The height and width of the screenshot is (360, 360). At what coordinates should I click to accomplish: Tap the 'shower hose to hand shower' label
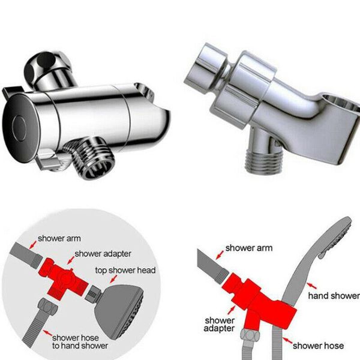coord(80,341)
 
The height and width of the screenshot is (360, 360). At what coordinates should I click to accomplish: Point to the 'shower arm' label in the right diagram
coord(248,248)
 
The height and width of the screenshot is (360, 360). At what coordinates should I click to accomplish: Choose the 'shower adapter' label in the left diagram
coord(104,254)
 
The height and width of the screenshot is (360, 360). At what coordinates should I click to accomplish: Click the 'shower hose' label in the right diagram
coord(318,345)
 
